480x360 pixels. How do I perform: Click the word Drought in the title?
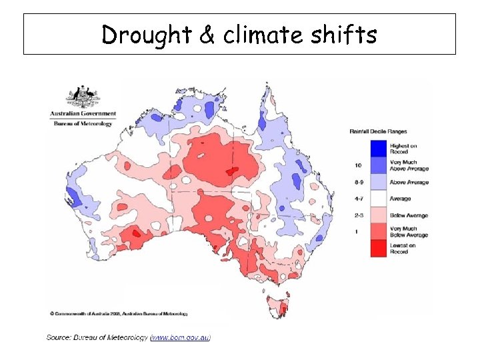[147, 35]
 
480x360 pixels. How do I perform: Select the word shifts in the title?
[348, 35]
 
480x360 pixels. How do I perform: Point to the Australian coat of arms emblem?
[83, 97]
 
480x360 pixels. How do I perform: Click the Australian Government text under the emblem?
[83, 114]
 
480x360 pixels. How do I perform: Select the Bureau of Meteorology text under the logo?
[83, 122]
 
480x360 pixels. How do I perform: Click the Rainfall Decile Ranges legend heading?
[378, 131]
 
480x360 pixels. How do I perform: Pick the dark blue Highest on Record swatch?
[380, 148]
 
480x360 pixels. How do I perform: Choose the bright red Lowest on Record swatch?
[380, 249]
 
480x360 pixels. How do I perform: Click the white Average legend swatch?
[380, 199]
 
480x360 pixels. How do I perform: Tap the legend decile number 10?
[358, 165]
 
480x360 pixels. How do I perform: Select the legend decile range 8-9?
[358, 181]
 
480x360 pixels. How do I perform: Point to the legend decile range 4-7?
[358, 199]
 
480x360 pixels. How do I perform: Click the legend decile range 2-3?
[358, 215]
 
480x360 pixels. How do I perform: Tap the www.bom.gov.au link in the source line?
[181, 338]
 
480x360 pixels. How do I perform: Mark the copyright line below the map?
[119, 313]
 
